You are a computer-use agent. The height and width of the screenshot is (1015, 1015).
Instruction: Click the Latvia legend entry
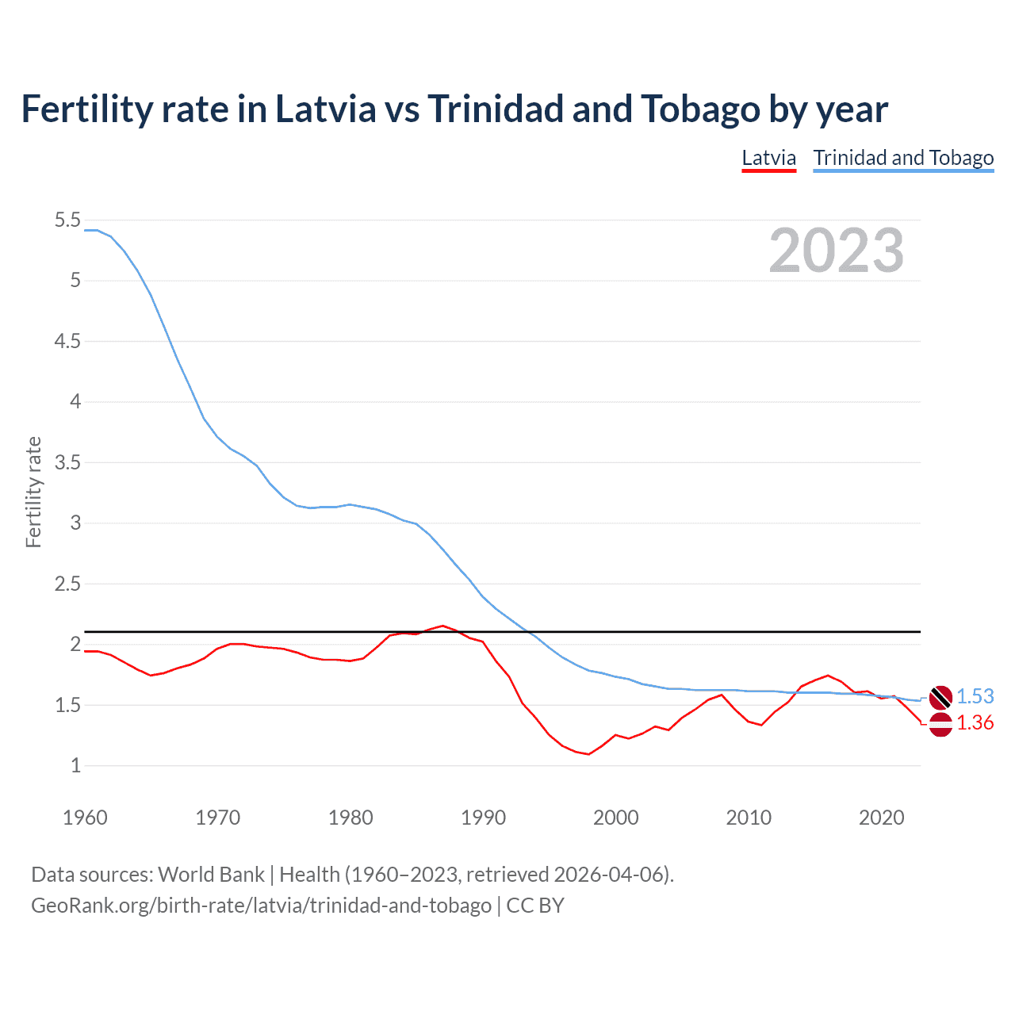click(768, 158)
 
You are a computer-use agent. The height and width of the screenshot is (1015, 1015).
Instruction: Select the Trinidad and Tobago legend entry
click(903, 158)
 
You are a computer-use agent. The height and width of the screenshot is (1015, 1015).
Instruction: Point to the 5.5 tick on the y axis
click(67, 220)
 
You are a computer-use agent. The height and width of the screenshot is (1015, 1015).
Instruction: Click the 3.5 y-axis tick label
click(67, 462)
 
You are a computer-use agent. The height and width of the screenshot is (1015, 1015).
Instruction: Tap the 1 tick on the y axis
click(75, 766)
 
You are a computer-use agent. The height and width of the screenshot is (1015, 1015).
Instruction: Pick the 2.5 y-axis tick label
click(67, 584)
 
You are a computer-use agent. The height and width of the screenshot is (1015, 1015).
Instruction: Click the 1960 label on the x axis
click(85, 818)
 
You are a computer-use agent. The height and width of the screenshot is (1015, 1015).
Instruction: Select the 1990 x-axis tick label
click(483, 818)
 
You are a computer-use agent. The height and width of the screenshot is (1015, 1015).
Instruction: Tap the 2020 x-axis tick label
click(881, 818)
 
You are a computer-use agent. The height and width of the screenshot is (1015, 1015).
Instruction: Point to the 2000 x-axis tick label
click(615, 818)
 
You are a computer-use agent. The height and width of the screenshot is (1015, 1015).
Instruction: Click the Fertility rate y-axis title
click(33, 492)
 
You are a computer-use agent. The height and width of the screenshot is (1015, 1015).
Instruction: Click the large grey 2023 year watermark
click(836, 251)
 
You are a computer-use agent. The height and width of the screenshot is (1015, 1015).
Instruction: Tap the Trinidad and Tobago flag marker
click(940, 697)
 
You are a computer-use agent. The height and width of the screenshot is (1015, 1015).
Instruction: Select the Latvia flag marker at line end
click(940, 724)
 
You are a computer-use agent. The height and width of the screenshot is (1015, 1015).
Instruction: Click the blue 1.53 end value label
click(975, 696)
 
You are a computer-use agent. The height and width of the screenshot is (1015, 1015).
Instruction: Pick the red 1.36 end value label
click(975, 723)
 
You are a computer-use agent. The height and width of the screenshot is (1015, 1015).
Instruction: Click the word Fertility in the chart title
click(85, 109)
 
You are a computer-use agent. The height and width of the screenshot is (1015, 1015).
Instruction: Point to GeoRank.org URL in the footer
click(261, 906)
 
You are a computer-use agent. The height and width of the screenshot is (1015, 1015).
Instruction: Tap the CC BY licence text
click(535, 906)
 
